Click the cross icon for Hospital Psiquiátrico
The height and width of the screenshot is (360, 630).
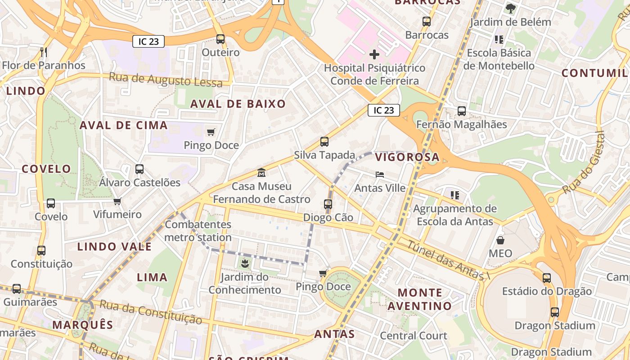click(x=374, y=55)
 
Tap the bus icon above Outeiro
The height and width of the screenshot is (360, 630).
click(x=220, y=39)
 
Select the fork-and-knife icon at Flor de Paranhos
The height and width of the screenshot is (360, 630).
click(x=44, y=52)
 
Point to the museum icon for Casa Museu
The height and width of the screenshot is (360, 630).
click(x=261, y=173)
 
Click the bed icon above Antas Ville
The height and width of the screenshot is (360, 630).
click(x=380, y=175)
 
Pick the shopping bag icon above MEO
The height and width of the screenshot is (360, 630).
click(x=500, y=240)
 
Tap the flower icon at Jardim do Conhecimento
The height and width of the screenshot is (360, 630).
click(x=245, y=263)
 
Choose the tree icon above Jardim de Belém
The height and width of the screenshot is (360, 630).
click(x=510, y=9)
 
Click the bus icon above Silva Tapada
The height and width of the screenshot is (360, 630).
click(x=324, y=142)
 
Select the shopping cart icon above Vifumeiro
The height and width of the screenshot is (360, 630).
click(x=117, y=201)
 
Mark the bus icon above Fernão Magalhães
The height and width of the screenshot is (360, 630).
click(x=461, y=111)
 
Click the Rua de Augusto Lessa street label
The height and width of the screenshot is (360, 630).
click(x=166, y=80)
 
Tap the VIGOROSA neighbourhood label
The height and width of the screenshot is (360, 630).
click(x=407, y=157)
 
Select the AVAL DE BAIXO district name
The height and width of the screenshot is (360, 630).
click(x=238, y=104)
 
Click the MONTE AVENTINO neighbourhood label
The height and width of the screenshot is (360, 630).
click(x=419, y=299)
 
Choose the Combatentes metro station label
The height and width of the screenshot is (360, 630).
click(x=198, y=231)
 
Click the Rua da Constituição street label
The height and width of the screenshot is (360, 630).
click(x=150, y=311)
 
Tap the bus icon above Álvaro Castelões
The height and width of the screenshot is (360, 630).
click(x=139, y=170)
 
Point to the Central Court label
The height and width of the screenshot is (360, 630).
click(x=414, y=336)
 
